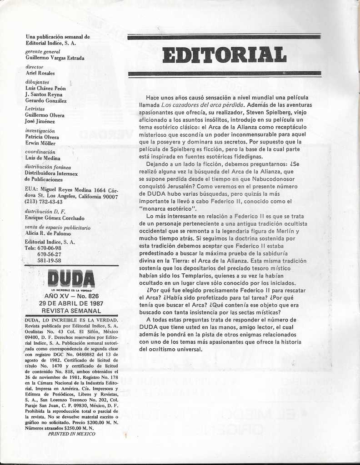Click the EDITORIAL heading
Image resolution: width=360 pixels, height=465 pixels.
[x=225, y=55]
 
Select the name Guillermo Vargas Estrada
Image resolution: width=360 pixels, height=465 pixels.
[x=55, y=58]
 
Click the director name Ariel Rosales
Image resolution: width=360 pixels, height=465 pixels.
[x=40, y=73]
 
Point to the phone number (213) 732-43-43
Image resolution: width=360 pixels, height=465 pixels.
[x=44, y=202]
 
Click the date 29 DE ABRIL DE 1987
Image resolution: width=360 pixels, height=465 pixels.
[x=71, y=303]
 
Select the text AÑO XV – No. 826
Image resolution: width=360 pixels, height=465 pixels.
[x=71, y=296]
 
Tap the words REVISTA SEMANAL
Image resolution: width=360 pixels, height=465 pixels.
[x=71, y=311]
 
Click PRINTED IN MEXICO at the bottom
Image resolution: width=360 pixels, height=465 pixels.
[x=72, y=434]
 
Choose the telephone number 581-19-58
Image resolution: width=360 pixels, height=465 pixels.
[x=49, y=261]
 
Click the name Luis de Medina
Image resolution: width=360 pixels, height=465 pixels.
[x=42, y=158]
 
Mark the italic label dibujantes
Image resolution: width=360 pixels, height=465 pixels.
[x=37, y=82]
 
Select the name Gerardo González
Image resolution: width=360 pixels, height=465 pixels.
[x=45, y=101]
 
